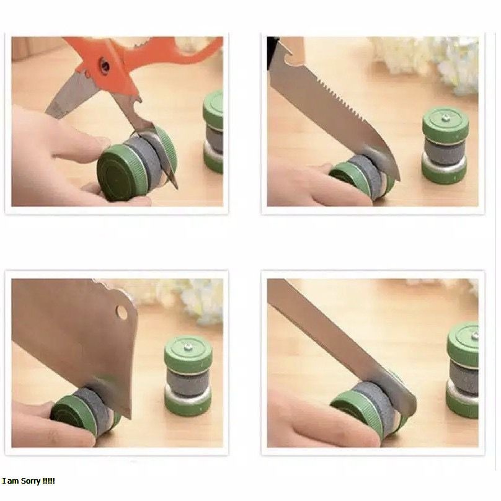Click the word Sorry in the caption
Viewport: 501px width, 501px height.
point(30,481)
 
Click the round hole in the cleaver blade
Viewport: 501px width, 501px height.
point(122,312)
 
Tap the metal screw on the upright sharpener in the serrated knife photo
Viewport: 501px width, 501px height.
point(445,118)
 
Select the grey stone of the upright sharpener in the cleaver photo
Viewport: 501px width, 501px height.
point(187,383)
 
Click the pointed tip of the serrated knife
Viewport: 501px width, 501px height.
point(399,180)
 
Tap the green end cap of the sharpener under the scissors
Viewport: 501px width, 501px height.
point(122,173)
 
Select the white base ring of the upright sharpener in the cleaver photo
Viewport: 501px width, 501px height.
point(188,396)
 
